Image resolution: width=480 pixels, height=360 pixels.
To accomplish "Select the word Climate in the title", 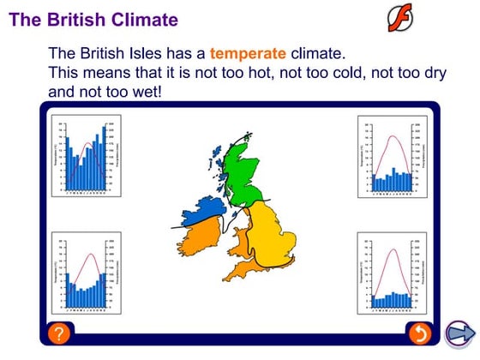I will point(147,18).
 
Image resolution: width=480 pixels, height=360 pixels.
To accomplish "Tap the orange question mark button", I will point(58,333).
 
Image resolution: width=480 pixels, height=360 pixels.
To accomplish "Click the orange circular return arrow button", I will point(420,333).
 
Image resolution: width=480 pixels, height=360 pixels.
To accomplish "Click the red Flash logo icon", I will point(400,15).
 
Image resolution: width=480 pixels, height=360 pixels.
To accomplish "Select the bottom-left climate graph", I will point(81,273).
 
